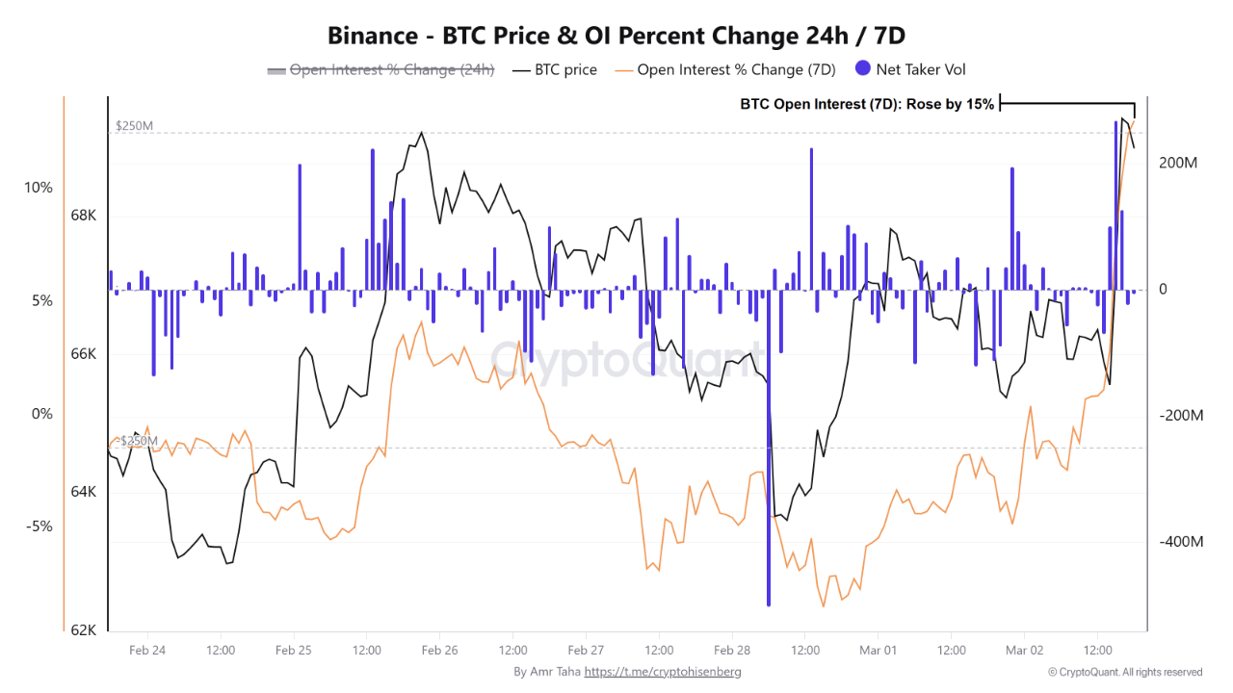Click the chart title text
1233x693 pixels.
pos(616,36)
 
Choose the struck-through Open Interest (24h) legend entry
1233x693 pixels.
pos(380,69)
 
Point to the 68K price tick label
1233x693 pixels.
pos(84,216)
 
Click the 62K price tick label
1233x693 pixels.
pos(84,630)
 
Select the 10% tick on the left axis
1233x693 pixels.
pos(39,188)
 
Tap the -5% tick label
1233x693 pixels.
pos(39,526)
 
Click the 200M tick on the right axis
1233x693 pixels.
pos(1178,164)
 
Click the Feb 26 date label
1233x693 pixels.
pos(439,651)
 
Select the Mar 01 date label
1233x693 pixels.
pos(878,651)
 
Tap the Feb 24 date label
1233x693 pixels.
pos(146,651)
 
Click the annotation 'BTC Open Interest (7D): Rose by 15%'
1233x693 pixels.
pos(867,104)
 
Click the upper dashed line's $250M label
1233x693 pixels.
pos(135,126)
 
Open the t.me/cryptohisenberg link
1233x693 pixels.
pos(663,672)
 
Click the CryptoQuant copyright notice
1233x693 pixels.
pos(1125,672)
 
